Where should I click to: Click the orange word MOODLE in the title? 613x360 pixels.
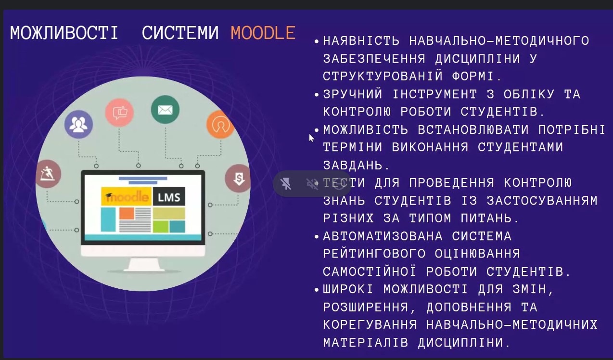click(x=263, y=33)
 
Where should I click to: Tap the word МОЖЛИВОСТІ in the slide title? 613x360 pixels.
click(x=64, y=33)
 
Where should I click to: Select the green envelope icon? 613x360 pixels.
click(x=166, y=110)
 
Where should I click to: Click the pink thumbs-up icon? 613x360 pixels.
click(x=120, y=113)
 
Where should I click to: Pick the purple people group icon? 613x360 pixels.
click(x=78, y=124)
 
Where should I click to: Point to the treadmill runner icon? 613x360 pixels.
click(x=48, y=174)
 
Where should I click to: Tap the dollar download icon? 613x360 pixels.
click(x=238, y=179)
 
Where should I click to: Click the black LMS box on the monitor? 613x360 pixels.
click(x=169, y=196)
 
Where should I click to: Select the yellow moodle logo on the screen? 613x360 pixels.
click(x=127, y=196)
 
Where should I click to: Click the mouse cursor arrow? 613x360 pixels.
click(x=311, y=138)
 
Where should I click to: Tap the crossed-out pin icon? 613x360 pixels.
click(x=286, y=183)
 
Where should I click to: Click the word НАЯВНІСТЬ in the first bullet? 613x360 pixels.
click(x=361, y=41)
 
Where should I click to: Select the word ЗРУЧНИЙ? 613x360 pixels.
click(x=353, y=94)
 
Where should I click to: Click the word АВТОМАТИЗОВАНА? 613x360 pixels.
click(x=383, y=236)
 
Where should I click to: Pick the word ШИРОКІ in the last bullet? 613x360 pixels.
click(x=348, y=289)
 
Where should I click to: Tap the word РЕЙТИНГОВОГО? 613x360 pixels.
click(x=374, y=254)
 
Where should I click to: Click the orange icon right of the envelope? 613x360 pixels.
click(x=220, y=125)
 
